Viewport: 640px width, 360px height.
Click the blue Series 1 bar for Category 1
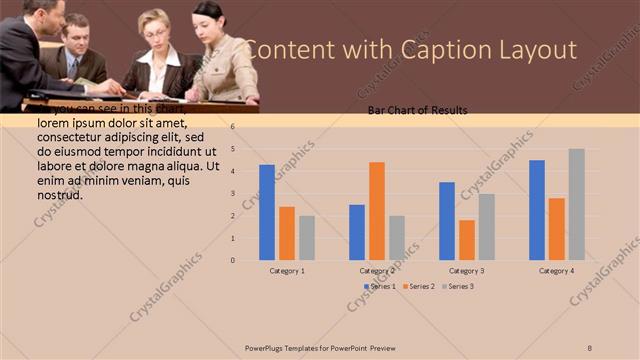point(267,212)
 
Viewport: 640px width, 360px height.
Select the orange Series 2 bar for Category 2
point(377,211)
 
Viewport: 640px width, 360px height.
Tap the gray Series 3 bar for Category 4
point(577,204)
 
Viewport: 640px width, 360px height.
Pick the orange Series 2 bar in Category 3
point(467,240)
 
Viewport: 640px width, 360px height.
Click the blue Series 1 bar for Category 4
point(537,210)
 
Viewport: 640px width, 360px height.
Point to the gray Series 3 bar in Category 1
point(307,238)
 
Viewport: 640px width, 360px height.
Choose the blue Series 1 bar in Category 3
point(447,221)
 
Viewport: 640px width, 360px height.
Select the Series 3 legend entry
point(458,287)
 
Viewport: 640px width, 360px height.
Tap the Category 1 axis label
point(287,271)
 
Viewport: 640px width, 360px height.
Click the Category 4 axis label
point(557,271)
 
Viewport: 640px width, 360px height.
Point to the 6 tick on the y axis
point(232,127)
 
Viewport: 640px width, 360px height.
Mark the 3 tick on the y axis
point(232,194)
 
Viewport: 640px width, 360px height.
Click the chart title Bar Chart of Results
point(417,110)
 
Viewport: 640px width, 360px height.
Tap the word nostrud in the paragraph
point(59,195)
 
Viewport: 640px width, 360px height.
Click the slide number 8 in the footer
point(590,347)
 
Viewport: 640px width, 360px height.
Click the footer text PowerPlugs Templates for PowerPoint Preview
point(320,347)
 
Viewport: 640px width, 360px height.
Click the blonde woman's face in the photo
point(157,26)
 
